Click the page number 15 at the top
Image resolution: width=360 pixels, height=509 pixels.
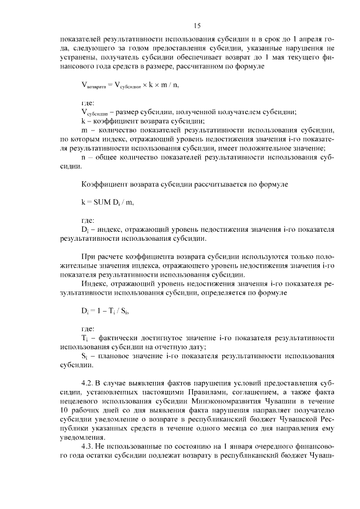(x=197, y=25)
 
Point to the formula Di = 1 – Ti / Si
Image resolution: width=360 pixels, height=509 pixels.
(x=110, y=310)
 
